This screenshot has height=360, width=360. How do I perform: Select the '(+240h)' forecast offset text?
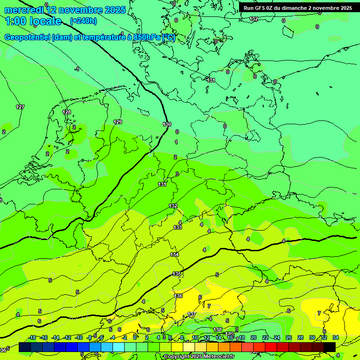[83, 21]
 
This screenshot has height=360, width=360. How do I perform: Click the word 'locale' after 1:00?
[45, 21]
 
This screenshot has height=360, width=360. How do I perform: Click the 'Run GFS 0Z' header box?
[298, 8]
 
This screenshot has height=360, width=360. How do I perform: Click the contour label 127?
[20, 107]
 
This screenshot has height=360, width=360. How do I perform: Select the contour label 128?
[67, 112]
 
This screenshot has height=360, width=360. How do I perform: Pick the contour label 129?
[118, 122]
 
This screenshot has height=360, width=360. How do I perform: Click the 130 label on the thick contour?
[167, 124]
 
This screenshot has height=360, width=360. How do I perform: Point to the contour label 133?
[178, 227]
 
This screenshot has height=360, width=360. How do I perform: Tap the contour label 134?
[174, 255]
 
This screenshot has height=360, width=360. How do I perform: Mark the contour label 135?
[177, 274]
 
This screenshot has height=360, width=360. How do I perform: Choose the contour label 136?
[178, 296]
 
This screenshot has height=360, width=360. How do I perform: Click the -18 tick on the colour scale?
[32, 337]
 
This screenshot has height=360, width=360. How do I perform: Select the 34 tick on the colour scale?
[336, 337]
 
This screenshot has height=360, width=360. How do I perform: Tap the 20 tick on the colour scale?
[253, 337]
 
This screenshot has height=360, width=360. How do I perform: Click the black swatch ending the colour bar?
[330, 347]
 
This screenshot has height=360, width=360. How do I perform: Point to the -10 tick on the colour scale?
[79, 337]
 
